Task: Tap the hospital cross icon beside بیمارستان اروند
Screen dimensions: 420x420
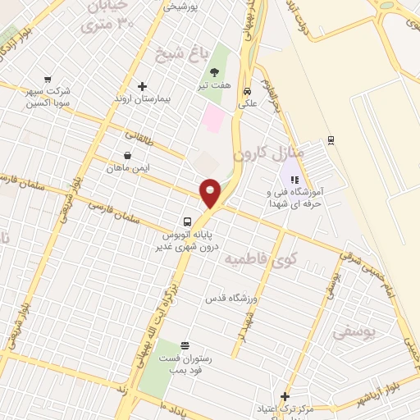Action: pyautogui.click(x=142, y=86)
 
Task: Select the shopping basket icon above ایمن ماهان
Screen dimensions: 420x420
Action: pyautogui.click(x=127, y=155)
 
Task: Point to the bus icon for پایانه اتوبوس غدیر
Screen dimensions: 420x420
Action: pyautogui.click(x=188, y=221)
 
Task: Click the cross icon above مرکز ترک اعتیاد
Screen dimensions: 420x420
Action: pyautogui.click(x=285, y=396)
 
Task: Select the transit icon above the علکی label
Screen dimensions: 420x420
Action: pyautogui.click(x=247, y=92)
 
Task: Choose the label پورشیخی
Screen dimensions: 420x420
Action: pyautogui.click(x=182, y=7)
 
